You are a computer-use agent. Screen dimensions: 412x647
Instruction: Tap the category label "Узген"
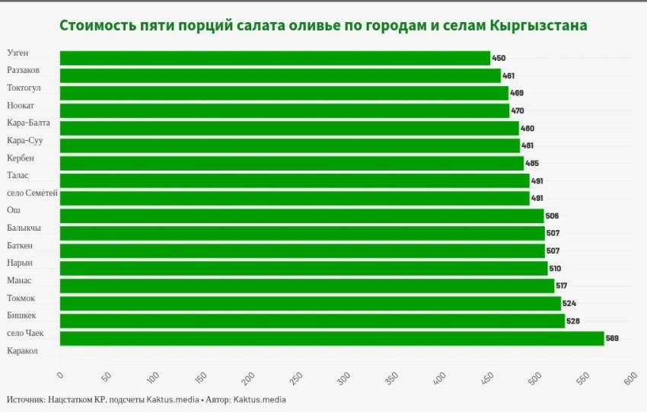[x=20, y=53]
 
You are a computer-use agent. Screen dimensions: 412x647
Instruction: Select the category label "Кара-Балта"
[x=30, y=123]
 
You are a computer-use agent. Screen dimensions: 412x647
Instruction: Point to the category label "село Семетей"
[x=32, y=193]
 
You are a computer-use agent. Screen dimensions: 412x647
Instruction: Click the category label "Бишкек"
[x=21, y=315]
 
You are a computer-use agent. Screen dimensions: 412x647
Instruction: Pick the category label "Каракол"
[x=22, y=351]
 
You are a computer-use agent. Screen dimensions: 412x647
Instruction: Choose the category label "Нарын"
[x=20, y=263]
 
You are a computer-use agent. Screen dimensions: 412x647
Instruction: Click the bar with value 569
[x=331, y=338]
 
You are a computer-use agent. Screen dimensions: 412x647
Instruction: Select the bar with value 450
[x=274, y=58]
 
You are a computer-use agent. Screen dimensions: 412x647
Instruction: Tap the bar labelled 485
[x=291, y=163]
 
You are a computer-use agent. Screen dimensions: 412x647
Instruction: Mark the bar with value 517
[x=306, y=286]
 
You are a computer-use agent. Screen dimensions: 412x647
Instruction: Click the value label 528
[x=573, y=321]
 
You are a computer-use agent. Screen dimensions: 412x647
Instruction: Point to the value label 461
[x=508, y=76]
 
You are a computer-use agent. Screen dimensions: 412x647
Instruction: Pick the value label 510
[x=556, y=269]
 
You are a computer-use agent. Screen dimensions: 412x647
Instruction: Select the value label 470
[x=517, y=111]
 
